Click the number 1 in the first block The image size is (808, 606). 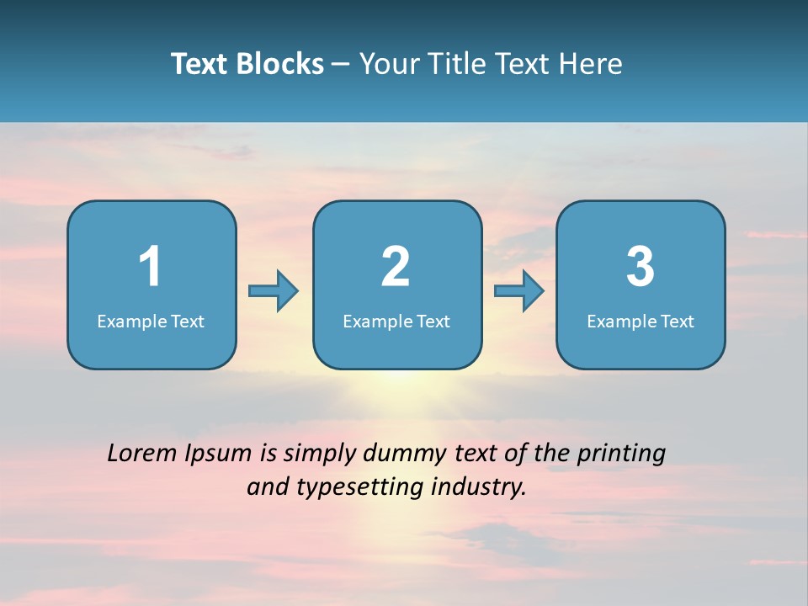click(150, 267)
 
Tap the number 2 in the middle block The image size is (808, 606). click(396, 267)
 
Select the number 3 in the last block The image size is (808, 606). click(641, 267)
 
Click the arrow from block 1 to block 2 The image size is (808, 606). click(274, 291)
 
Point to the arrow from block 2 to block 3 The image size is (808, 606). click(519, 291)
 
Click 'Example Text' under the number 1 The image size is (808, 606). click(151, 322)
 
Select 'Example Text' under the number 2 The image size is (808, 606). click(396, 322)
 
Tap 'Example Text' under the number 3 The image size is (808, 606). click(641, 322)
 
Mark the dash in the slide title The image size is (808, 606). click(341, 64)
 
